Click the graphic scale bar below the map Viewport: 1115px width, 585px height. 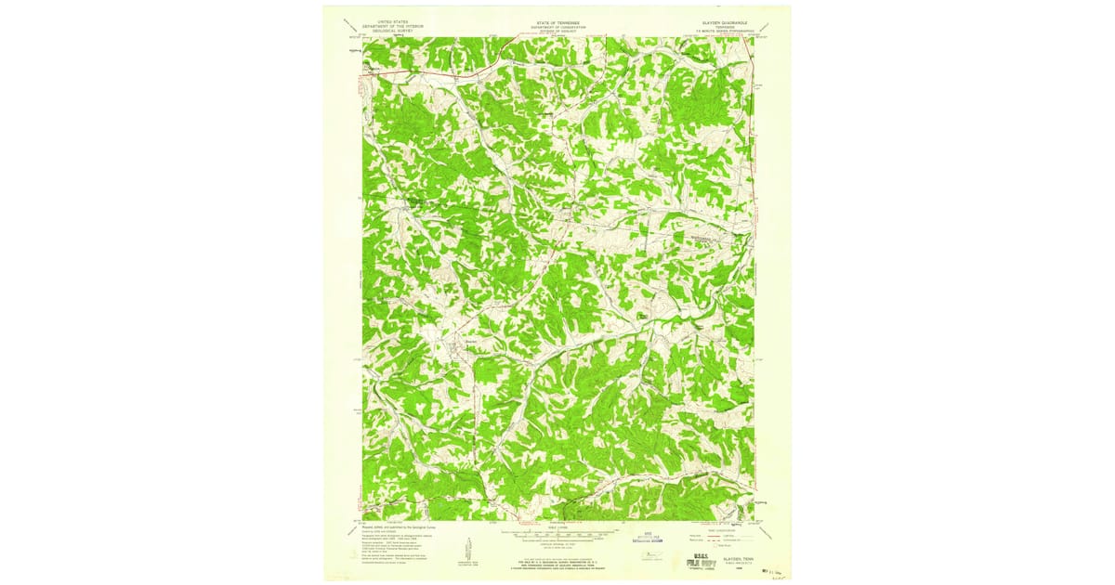coord(557,535)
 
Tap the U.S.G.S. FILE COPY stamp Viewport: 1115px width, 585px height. coord(707,557)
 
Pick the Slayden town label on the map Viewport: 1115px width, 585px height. coord(470,343)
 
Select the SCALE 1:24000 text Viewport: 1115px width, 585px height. coord(557,526)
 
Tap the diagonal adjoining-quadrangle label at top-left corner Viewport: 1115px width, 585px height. coord(348,24)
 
